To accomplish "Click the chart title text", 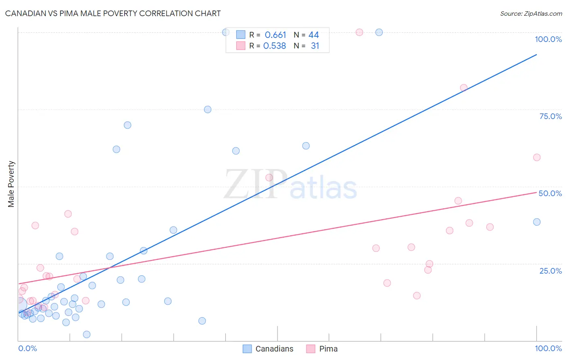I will coord(113,13).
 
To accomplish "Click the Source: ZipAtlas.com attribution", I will coord(531,14).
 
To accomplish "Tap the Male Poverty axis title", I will coord(11,184).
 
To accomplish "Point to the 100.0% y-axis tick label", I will coord(548,39).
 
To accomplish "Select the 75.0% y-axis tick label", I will coord(550,116).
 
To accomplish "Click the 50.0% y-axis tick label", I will coord(550,193).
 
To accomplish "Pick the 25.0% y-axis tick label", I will coord(550,271).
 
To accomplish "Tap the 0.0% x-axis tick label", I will coord(27,348).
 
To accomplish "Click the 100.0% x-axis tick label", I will coord(548,348).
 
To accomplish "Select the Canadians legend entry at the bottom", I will coord(268,349).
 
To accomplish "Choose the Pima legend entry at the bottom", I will coord(322,349).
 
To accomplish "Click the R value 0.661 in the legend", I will coord(275,35).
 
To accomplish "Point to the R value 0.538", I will coord(275,46).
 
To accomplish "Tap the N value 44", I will coord(314,35).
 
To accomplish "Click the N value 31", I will coord(315,46).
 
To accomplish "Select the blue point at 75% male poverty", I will coord(208,109).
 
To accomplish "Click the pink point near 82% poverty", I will coord(464,88).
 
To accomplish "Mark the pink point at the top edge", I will coord(359,32).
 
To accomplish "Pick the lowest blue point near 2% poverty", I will coord(87,334).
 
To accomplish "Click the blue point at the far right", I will coord(537,222).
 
